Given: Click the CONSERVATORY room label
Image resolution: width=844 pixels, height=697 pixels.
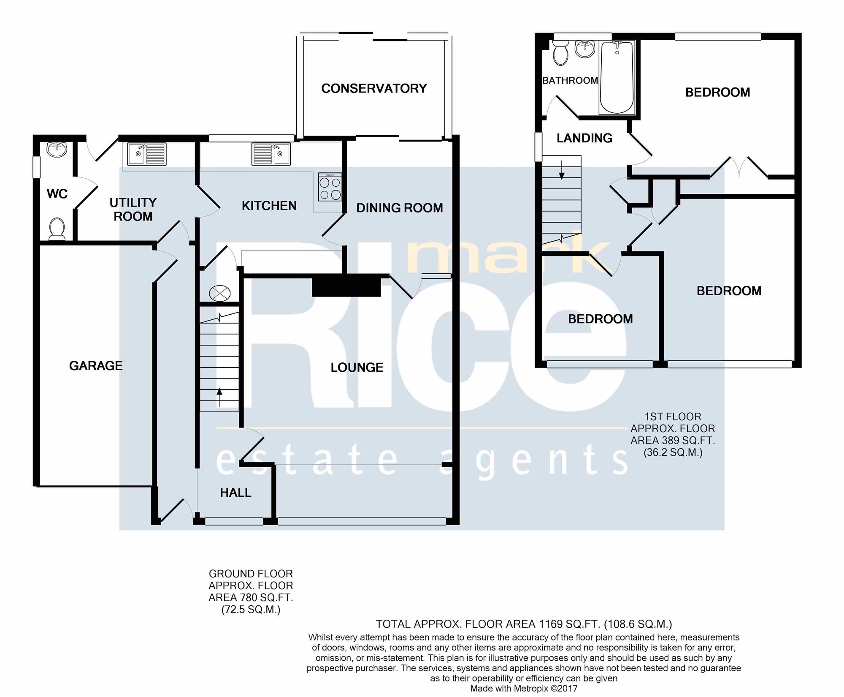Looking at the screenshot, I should pos(374,88).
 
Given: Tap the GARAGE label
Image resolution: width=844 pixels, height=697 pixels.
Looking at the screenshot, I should pos(96,365).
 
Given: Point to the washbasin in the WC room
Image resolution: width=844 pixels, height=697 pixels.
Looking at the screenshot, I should pos(57,149).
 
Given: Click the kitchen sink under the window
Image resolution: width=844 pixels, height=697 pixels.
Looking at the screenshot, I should pos(271,154).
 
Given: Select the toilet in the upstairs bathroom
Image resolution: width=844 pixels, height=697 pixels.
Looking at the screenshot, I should pos(560,53).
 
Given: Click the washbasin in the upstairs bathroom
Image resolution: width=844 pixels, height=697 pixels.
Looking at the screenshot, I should pos(585,49).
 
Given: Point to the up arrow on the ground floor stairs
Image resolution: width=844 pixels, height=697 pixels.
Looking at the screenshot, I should pos(219,398).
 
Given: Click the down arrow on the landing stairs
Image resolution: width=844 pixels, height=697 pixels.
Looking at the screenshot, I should pos(562,170).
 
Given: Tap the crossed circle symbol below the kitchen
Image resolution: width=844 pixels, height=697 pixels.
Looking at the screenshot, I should pos(220,293).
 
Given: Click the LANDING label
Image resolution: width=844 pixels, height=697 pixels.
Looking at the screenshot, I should pos(584,138).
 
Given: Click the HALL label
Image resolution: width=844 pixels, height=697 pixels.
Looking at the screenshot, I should pos(235,492).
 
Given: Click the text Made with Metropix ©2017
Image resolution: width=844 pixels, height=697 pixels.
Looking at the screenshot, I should pos(524,689).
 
